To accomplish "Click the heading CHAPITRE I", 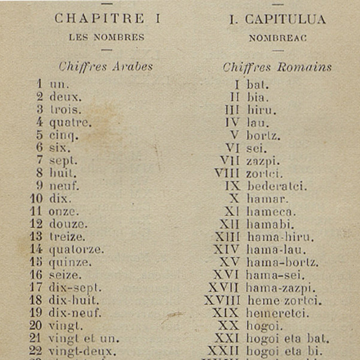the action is [108, 19].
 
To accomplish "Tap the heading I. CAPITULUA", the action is [277, 20].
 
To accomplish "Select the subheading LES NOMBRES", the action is [108, 37].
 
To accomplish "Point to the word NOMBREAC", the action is [277, 37].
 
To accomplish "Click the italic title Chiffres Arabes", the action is [105, 67].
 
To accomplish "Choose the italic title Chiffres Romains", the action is [277, 67].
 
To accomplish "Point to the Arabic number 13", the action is [36, 237].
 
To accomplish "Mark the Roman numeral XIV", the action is [227, 250].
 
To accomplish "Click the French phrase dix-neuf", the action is [75, 313].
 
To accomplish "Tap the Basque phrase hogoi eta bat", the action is [287, 338].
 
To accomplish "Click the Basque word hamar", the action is [266, 199].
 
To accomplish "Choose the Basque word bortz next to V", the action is [264, 135].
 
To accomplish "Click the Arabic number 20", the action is [36, 326].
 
